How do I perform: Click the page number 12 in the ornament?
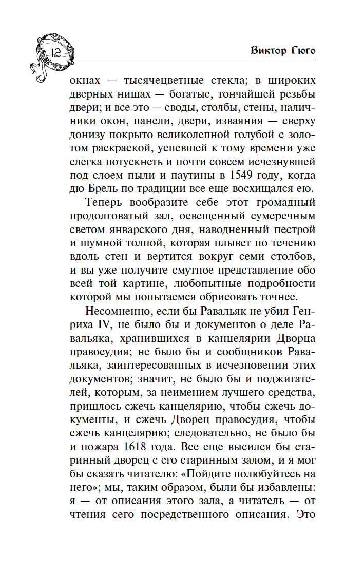[x=56, y=52]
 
